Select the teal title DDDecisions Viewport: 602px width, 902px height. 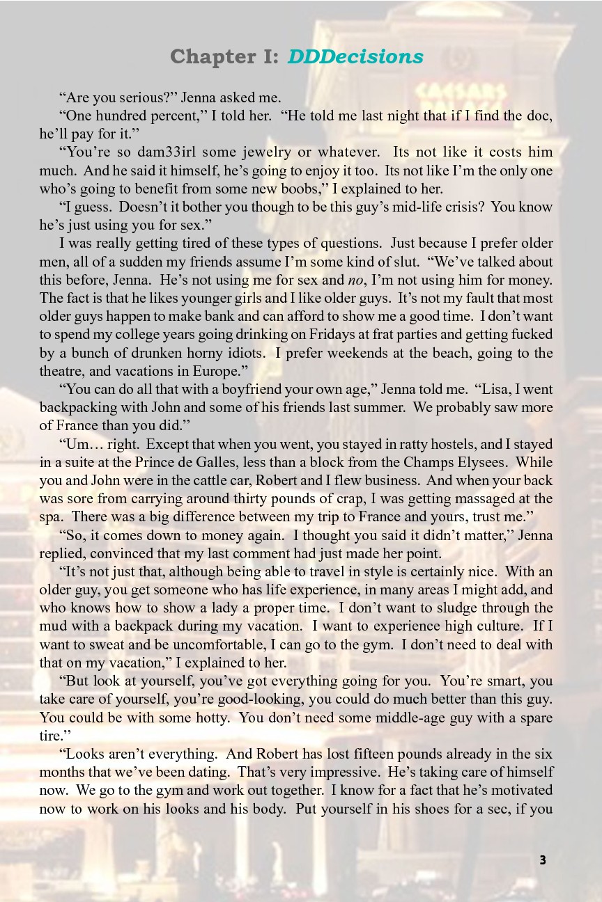[355, 57]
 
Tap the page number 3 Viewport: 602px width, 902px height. [543, 860]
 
